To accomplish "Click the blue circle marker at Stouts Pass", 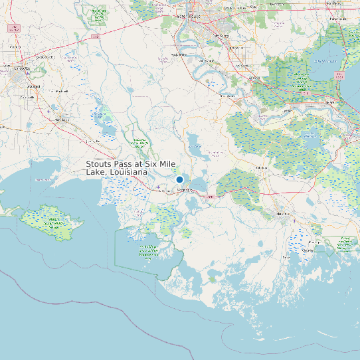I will point(179,179).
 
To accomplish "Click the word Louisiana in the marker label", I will point(126,172).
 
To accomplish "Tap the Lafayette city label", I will point(23,68).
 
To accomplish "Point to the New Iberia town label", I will point(62,119).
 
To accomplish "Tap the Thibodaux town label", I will point(261,168).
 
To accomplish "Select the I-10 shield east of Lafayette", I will point(96,37).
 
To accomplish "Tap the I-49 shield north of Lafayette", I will point(13,29).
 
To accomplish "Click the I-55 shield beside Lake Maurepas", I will point(339,75).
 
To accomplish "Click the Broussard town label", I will point(34,86).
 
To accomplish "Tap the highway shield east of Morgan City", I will point(210,197).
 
